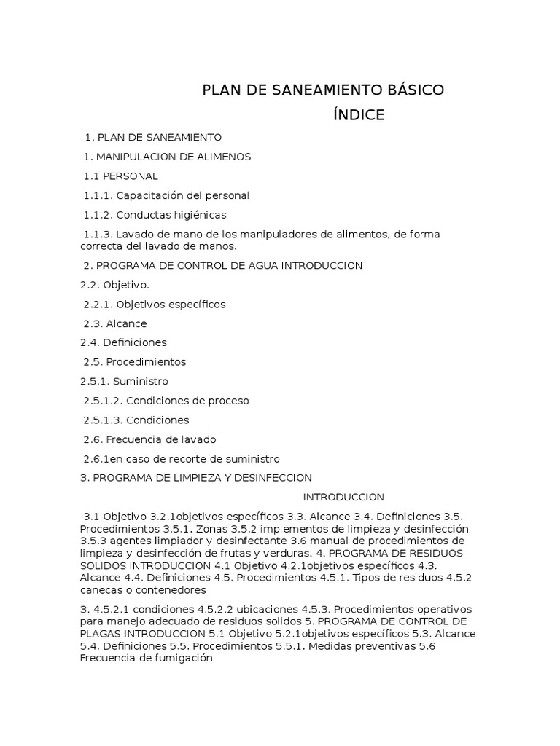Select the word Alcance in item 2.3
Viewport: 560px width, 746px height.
point(127,323)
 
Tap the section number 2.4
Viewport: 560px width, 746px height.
point(90,342)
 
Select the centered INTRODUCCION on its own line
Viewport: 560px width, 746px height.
point(343,498)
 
